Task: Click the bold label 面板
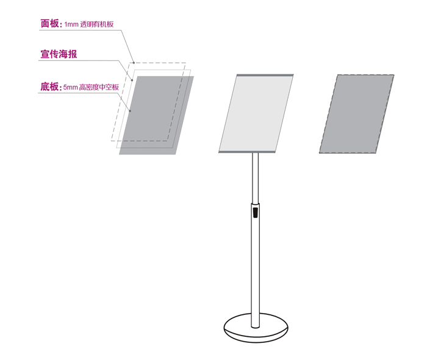(x=50, y=24)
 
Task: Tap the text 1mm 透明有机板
(x=89, y=24)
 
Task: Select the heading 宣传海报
(x=59, y=54)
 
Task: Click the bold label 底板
(x=50, y=87)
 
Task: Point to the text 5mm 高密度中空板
(x=91, y=87)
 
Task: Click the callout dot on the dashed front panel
(x=134, y=63)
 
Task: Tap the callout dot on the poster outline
(x=132, y=80)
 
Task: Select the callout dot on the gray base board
(x=130, y=111)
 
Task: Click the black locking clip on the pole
(x=256, y=212)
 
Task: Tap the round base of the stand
(x=256, y=328)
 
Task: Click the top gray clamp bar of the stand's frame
(x=265, y=76)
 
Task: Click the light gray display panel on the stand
(x=256, y=113)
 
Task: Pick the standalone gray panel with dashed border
(x=357, y=114)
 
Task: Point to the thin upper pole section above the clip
(x=256, y=178)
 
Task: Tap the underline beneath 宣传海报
(x=78, y=60)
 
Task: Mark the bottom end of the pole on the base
(x=256, y=327)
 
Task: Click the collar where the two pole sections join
(x=256, y=203)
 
